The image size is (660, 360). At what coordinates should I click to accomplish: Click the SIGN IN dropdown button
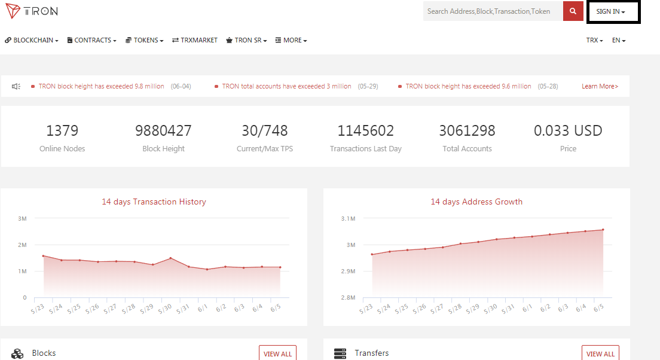click(610, 12)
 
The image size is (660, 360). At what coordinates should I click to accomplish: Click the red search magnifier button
click(573, 11)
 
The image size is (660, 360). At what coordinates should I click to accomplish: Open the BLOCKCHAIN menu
click(32, 41)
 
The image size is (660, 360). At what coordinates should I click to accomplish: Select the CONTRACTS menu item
click(91, 41)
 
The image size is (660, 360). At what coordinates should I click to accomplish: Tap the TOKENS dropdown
click(145, 41)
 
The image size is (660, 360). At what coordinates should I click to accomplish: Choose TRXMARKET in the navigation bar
click(195, 41)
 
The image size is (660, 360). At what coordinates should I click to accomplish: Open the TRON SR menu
click(247, 41)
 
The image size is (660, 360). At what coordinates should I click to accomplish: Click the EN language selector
click(619, 41)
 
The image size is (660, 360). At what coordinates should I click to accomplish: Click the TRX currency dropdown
click(594, 41)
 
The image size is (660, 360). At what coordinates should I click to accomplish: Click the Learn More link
click(600, 86)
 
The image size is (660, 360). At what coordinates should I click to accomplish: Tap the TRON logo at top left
click(32, 11)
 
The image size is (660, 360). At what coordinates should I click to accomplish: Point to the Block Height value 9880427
click(163, 130)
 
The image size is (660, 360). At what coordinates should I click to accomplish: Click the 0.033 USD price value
click(568, 130)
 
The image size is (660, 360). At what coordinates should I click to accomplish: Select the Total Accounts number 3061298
click(467, 130)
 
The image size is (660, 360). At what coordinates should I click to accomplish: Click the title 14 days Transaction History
click(154, 202)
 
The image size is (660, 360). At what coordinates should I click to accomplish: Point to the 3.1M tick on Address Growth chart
click(348, 218)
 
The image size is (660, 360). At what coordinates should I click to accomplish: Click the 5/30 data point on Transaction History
click(170, 258)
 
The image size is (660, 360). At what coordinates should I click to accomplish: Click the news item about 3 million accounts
click(286, 86)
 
